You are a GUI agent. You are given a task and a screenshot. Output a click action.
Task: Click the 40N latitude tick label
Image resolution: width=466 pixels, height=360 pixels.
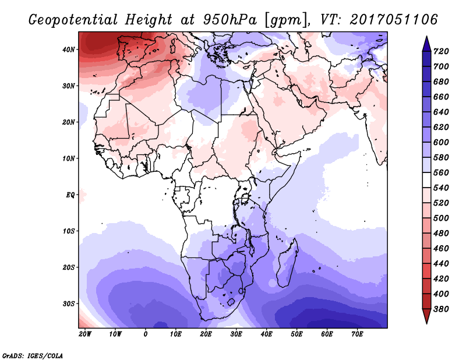click(69, 50)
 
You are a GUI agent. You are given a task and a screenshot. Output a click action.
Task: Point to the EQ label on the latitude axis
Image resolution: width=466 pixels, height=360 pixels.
click(70, 195)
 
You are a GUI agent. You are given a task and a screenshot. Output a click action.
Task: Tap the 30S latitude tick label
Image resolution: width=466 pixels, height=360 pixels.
click(69, 304)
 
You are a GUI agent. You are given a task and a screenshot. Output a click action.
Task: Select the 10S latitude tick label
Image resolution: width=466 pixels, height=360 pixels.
click(69, 231)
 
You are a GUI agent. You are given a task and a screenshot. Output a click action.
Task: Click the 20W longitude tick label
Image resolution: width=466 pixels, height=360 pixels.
click(85, 334)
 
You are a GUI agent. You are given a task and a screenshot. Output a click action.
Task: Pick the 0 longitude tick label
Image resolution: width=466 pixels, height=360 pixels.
click(145, 334)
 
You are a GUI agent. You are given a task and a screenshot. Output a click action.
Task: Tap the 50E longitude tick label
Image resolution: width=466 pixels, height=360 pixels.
click(296, 334)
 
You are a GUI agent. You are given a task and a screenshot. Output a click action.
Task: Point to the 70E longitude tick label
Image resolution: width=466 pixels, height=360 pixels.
click(357, 334)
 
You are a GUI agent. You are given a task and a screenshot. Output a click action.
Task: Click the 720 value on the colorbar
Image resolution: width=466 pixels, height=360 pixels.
click(441, 51)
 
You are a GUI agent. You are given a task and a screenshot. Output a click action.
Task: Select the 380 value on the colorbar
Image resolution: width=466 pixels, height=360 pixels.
click(441, 309)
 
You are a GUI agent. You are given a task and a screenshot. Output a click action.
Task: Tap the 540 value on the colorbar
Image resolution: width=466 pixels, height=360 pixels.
click(441, 188)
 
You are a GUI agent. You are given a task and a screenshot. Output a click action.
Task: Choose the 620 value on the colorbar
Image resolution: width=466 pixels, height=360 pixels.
click(441, 127)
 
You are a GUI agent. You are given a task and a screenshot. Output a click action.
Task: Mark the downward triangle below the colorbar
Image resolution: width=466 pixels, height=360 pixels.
click(426, 316)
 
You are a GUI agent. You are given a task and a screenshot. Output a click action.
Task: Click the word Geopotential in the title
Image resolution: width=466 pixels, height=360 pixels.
click(73, 20)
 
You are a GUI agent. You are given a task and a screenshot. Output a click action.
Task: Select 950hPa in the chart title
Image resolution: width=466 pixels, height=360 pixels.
click(230, 20)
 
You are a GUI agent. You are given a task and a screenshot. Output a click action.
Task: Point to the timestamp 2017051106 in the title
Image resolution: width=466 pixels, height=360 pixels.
click(394, 19)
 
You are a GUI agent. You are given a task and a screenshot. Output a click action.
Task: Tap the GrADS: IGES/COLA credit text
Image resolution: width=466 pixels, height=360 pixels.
click(33, 356)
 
